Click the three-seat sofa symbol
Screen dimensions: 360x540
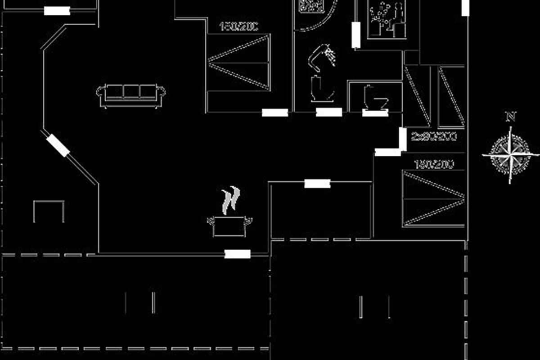click(x=131, y=95)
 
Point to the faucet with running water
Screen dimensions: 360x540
click(x=322, y=56)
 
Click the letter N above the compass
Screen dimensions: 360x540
click(x=511, y=117)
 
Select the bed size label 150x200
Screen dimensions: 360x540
click(x=238, y=27)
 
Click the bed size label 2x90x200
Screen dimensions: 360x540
click(x=434, y=136)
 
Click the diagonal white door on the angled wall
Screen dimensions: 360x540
click(x=58, y=145)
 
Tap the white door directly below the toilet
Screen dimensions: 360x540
click(x=375, y=112)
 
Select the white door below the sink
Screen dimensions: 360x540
click(x=329, y=112)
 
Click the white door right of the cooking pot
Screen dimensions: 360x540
click(x=237, y=254)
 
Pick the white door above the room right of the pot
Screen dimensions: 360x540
click(x=317, y=184)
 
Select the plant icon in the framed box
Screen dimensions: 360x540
click(x=386, y=19)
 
